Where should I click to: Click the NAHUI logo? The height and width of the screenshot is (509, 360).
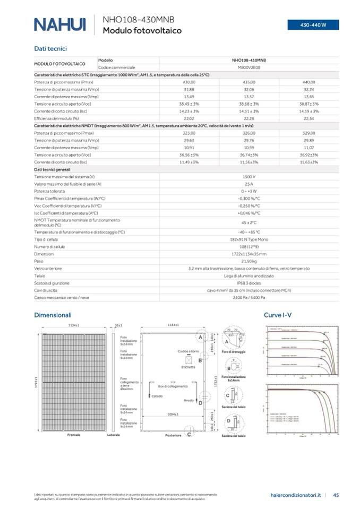(x=59, y=24)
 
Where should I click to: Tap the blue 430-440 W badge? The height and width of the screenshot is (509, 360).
(x=313, y=25)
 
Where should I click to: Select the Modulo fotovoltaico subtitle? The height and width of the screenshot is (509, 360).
(x=142, y=31)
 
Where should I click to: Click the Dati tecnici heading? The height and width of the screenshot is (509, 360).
(x=50, y=48)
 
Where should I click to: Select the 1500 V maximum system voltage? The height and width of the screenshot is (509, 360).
(x=249, y=176)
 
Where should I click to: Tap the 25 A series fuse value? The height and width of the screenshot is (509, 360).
(x=249, y=184)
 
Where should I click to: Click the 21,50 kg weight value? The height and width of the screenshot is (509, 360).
(x=249, y=261)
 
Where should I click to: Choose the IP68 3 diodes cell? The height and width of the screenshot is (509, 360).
(x=249, y=283)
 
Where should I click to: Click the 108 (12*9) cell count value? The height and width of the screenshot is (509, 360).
(x=249, y=247)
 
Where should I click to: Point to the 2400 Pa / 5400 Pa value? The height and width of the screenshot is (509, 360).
(x=249, y=298)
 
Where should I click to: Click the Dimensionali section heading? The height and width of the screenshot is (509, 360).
(x=53, y=315)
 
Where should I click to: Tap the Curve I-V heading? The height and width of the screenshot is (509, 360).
(x=278, y=315)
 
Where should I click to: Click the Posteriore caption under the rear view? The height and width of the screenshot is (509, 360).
(x=173, y=435)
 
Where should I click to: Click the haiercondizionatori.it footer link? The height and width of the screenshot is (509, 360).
(x=295, y=495)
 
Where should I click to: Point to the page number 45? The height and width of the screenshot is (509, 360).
(x=336, y=495)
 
